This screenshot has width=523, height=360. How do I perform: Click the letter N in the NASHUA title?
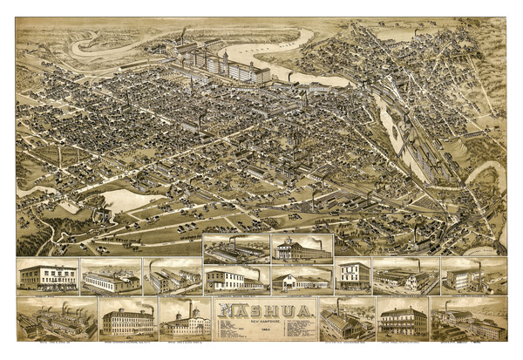point(225,310)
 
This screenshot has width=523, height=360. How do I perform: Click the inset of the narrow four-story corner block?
point(353,275)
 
